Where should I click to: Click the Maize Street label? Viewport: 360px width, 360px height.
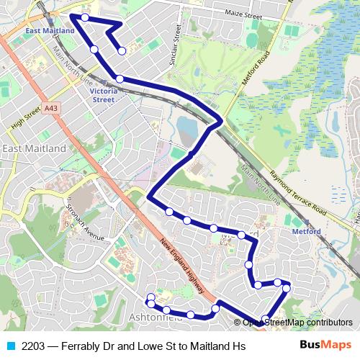click(x=243, y=14)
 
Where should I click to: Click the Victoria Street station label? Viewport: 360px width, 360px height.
click(x=102, y=96)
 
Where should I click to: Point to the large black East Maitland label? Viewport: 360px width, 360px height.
click(x=34, y=148)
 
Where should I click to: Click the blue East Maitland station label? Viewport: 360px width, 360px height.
click(x=49, y=31)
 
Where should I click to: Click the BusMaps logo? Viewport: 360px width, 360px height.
click(x=325, y=346)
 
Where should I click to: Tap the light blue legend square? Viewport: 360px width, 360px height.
click(x=9, y=346)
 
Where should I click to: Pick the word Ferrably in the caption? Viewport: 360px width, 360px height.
click(x=84, y=346)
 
